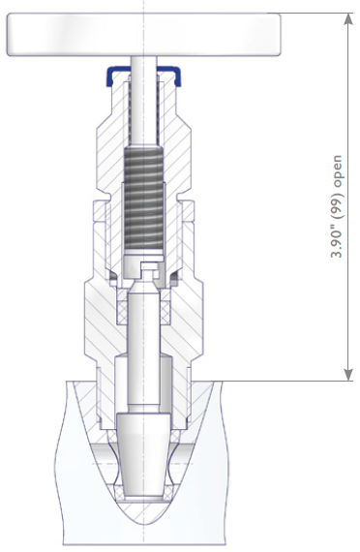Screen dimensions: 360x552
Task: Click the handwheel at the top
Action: [143, 34]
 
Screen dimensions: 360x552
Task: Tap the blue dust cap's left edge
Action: [109, 76]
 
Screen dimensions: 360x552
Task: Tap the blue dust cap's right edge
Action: [177, 76]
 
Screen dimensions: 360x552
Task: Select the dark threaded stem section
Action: [144, 199]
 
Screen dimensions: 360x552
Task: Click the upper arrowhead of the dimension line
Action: [348, 19]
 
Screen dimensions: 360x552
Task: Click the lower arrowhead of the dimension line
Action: [348, 375]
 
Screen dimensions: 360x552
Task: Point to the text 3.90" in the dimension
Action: [337, 244]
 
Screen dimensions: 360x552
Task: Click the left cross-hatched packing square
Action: [122, 313]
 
